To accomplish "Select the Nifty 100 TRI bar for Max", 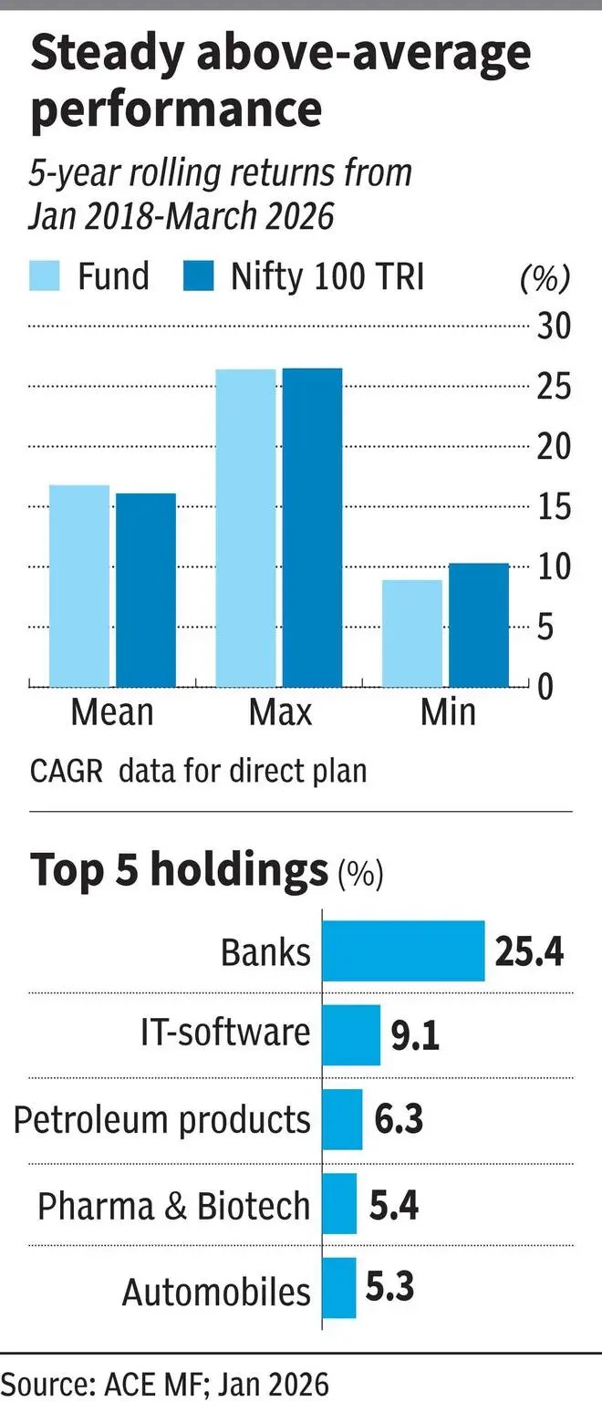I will click(312, 527).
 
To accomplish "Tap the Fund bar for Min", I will click(411, 633).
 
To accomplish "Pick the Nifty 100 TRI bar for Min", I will click(479, 625).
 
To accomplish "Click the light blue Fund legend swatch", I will click(46, 275).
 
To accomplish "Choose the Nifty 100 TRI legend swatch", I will click(198, 275).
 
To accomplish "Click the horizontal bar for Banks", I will click(404, 950).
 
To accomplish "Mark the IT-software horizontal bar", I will click(351, 1034).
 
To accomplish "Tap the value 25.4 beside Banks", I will click(530, 951).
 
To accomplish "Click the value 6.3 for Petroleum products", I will click(399, 1119).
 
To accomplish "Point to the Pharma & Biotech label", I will click(173, 1206).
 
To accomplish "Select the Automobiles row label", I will click(216, 1292).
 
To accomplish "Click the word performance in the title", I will click(176, 109).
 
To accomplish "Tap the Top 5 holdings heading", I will click(179, 870).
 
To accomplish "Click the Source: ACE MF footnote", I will click(164, 1383).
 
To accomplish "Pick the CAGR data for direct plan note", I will click(198, 771).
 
